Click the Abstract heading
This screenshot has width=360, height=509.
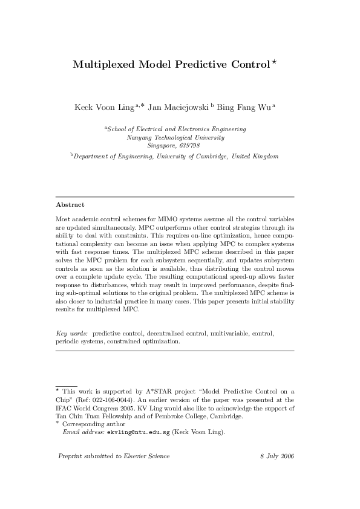point(70,205)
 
